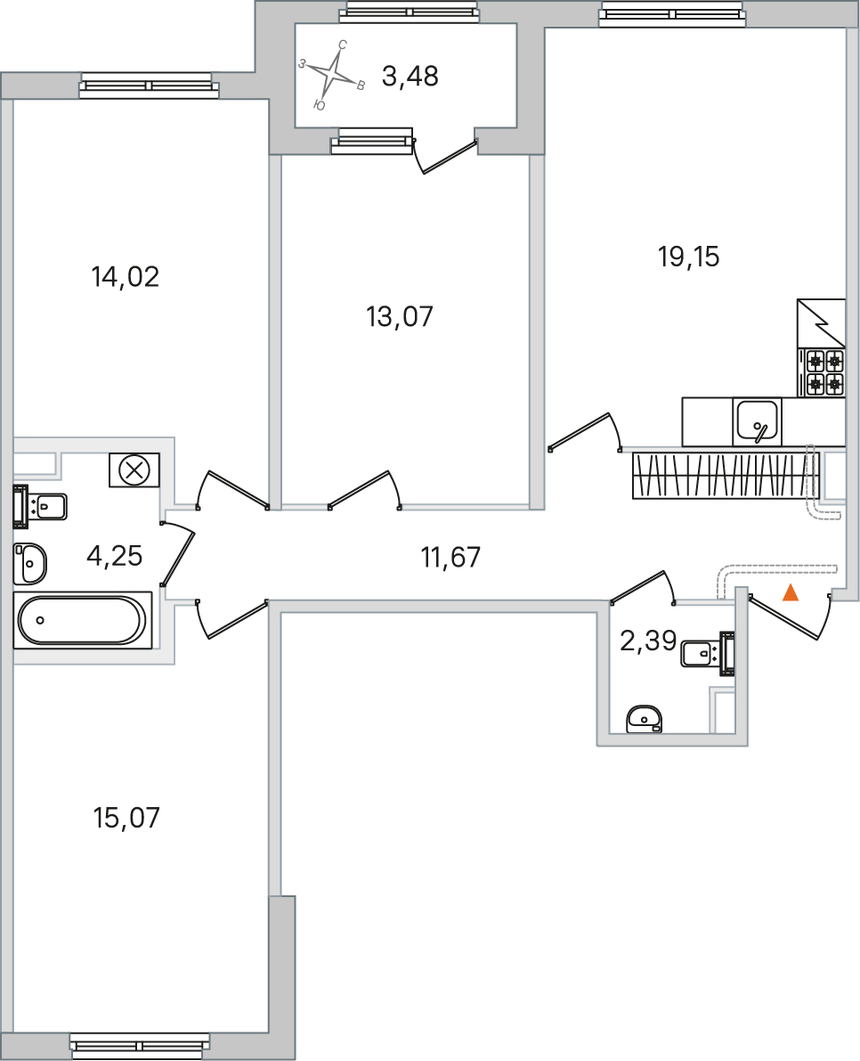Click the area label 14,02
125,277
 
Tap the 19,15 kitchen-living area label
688,257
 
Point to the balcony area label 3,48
410,78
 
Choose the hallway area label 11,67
450,558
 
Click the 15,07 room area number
126,818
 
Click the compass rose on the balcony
331,76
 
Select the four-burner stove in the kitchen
824,372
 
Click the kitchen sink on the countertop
758,421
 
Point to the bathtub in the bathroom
82,620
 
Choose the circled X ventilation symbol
134,469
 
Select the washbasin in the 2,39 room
644,718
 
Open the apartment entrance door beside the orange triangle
783,617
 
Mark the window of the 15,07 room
141,1043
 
